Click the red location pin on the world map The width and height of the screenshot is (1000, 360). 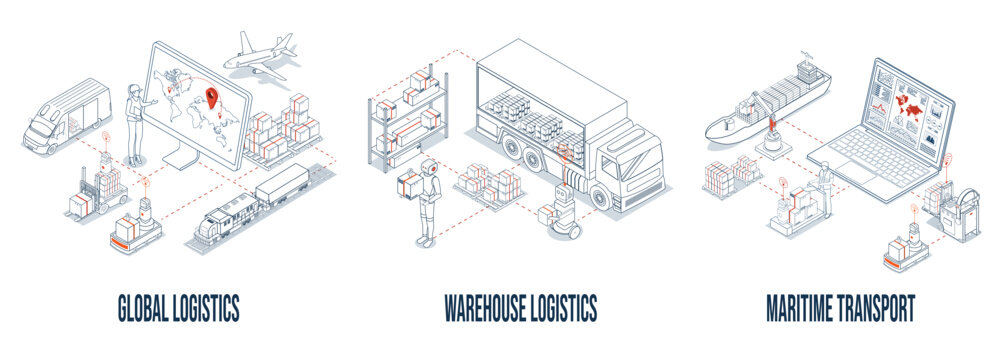pyautogui.click(x=211, y=98)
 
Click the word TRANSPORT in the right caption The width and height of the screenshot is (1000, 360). pyautogui.click(x=876, y=308)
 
